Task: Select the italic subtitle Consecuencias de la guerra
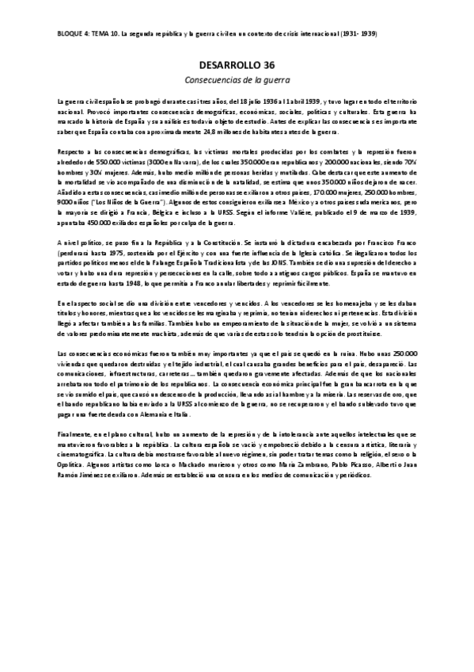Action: tap(237, 80)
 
